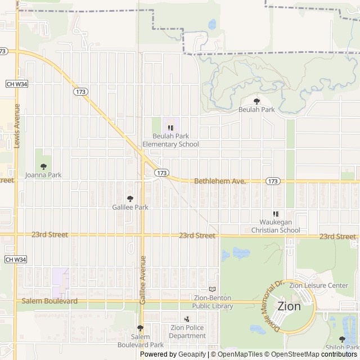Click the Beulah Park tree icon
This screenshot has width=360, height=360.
pyautogui.click(x=257, y=101)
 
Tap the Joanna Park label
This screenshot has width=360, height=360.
pyautogui.click(x=43, y=175)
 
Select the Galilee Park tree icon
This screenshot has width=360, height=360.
pyautogui.click(x=130, y=199)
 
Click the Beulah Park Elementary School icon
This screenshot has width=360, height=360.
pyautogui.click(x=170, y=128)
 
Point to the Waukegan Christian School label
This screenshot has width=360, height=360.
pyautogui.click(x=276, y=226)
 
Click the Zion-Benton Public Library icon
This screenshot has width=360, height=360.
pyautogui.click(x=212, y=289)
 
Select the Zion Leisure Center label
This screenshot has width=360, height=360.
pyautogui.click(x=318, y=285)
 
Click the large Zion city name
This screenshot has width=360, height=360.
pyautogui.click(x=289, y=307)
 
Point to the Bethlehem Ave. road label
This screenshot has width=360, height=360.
pyautogui.click(x=220, y=182)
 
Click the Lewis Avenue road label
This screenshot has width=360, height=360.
pyautogui.click(x=17, y=126)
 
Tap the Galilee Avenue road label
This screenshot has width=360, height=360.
pyautogui.click(x=143, y=281)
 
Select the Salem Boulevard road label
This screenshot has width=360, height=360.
pyautogui.click(x=49, y=301)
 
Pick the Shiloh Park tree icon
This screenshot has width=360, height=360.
pyautogui.click(x=342, y=339)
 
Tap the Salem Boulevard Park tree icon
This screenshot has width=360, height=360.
pyautogui.click(x=140, y=328)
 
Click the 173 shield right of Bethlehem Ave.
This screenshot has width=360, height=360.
pyautogui.click(x=273, y=181)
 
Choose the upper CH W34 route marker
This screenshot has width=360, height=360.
pyautogui.click(x=16, y=84)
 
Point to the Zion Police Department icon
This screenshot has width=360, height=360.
pyautogui.click(x=187, y=319)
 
